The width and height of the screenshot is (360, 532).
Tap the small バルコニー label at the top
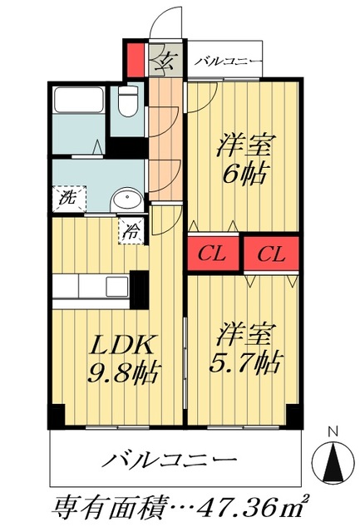point(229,62)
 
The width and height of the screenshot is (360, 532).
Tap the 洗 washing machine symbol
point(66,198)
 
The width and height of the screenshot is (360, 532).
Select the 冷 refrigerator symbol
point(132,231)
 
